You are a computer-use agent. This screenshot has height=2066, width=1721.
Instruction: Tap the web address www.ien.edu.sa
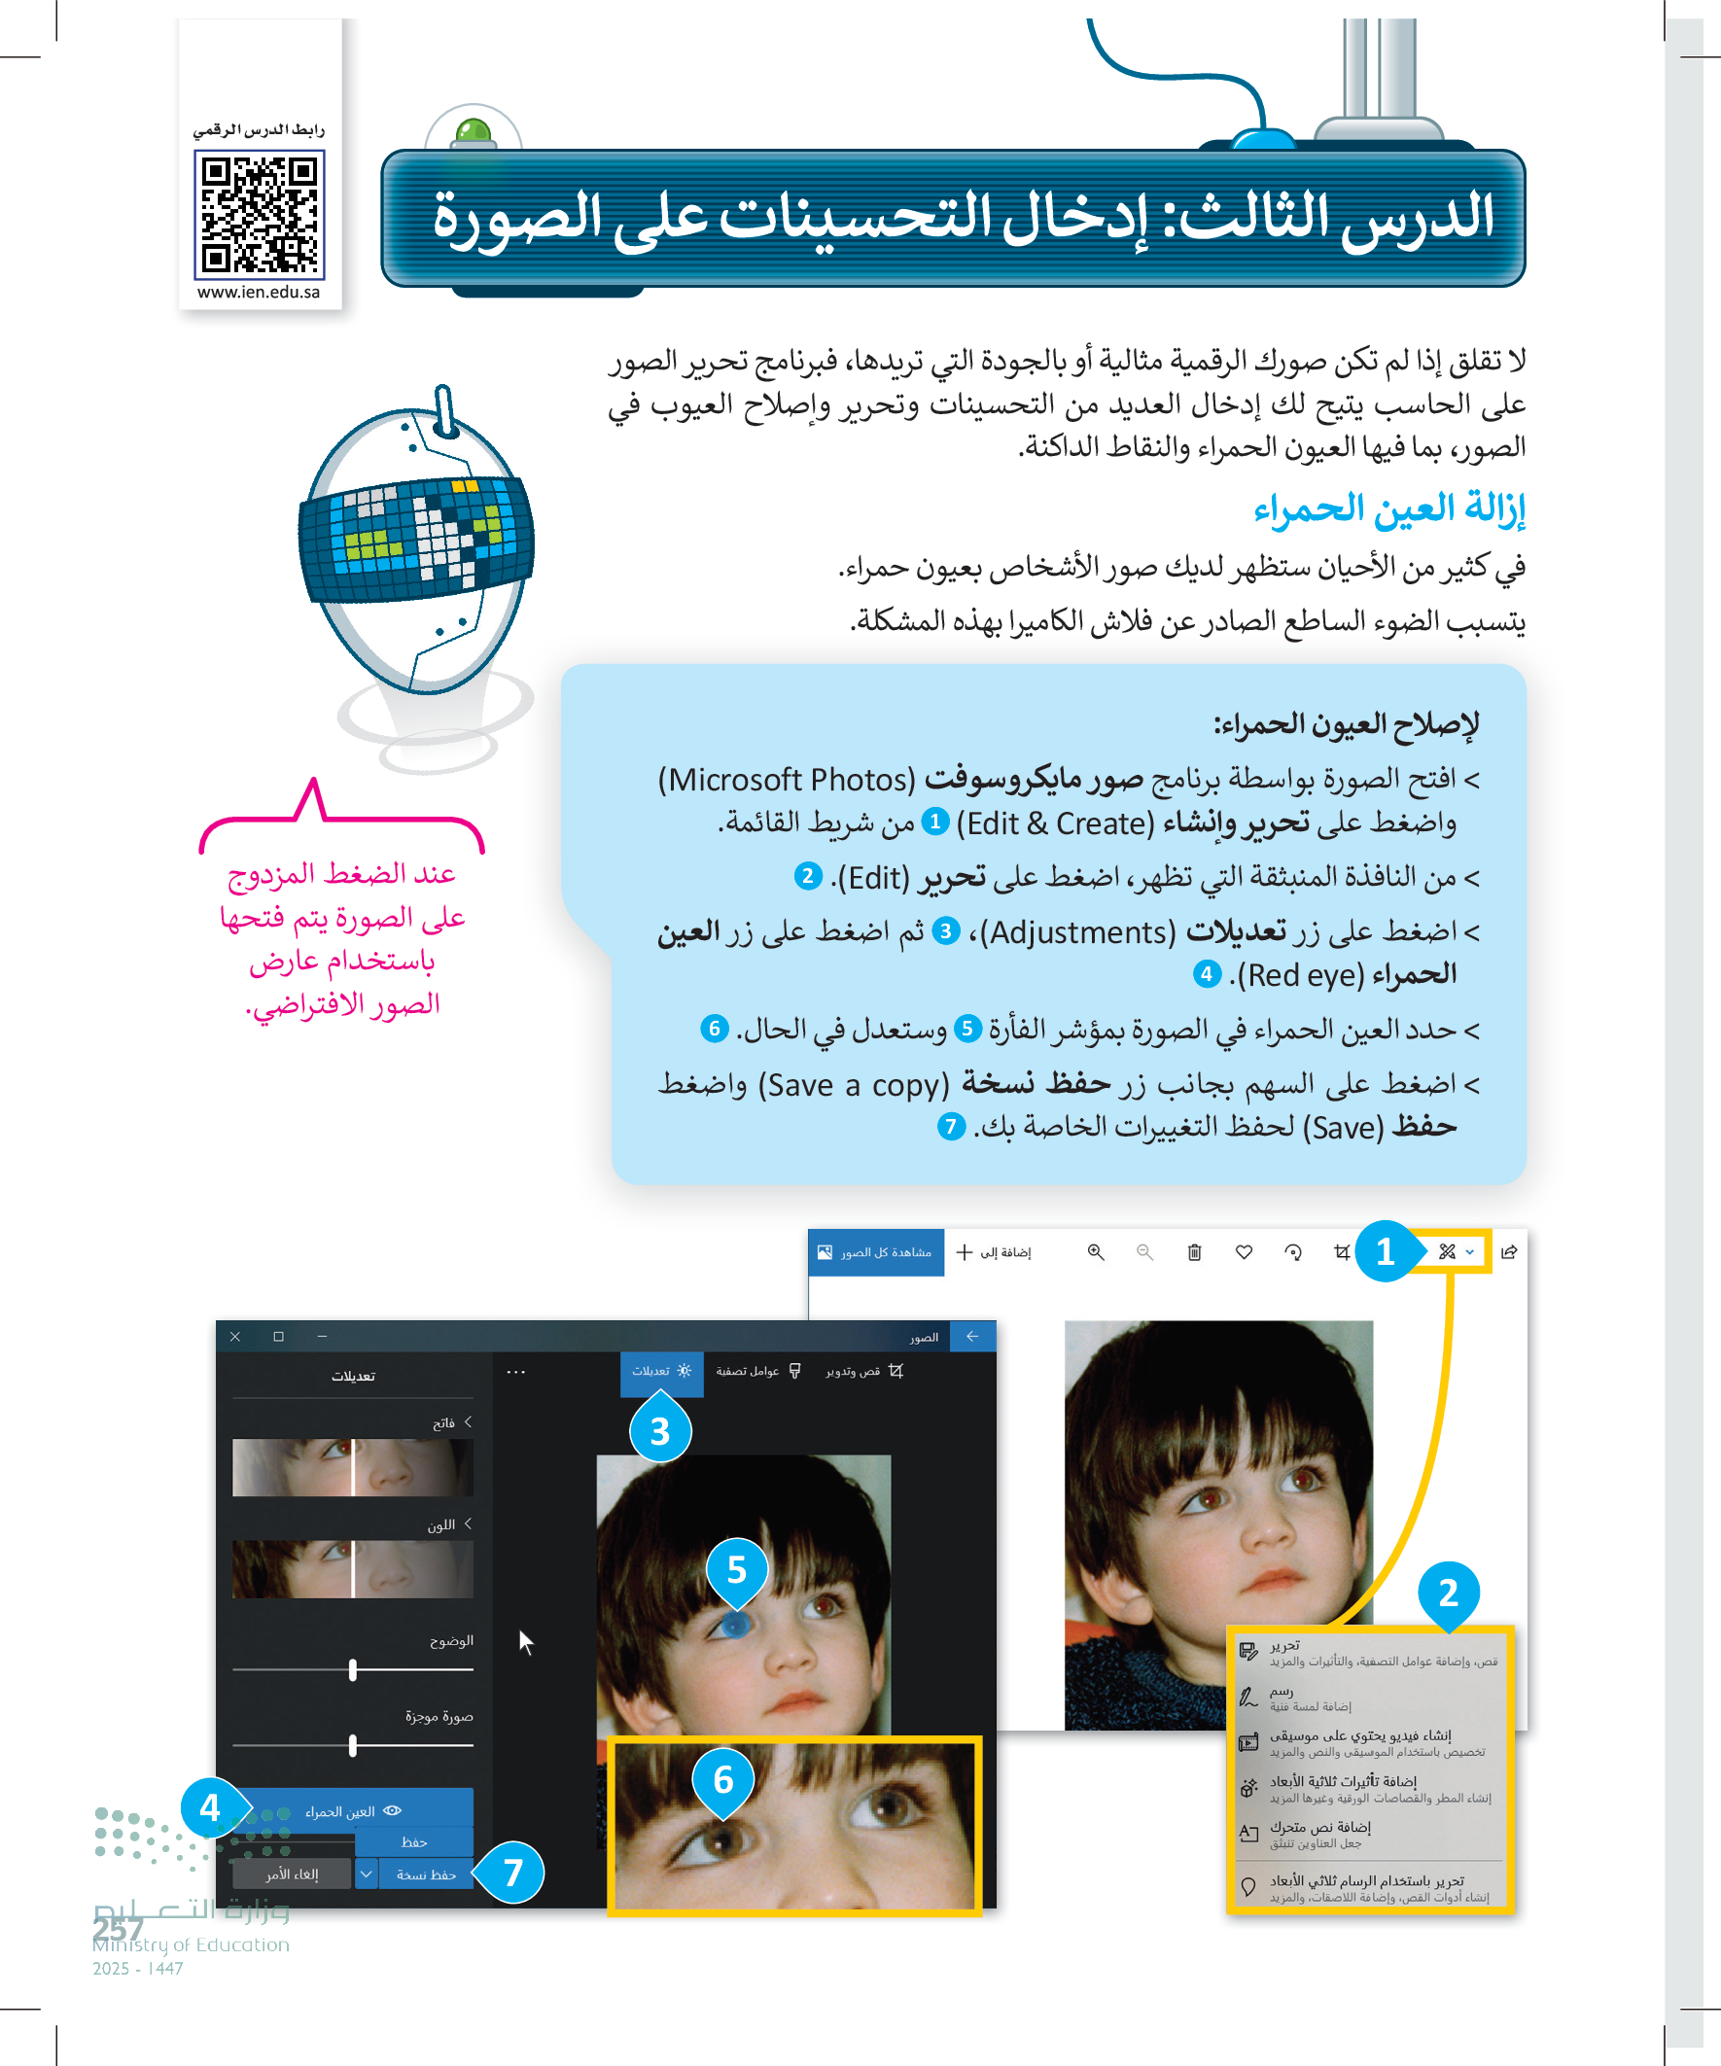[x=259, y=293]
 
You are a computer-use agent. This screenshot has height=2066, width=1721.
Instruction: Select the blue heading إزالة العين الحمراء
[x=1388, y=508]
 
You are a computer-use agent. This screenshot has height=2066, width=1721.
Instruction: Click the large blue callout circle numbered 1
[x=1385, y=1251]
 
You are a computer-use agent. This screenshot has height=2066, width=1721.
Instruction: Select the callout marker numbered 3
[x=659, y=1431]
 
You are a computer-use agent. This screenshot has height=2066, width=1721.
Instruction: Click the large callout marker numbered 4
[x=211, y=1807]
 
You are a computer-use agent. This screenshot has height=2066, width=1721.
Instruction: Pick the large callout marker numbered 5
[x=736, y=1569]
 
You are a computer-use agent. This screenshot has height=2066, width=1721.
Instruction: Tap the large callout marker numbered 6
[x=723, y=1779]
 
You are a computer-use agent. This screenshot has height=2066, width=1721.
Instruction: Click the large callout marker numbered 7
[x=512, y=1873]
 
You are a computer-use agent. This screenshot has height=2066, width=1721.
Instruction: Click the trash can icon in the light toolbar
[x=1194, y=1252]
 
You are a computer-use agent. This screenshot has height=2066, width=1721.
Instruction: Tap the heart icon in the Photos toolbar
[x=1244, y=1252]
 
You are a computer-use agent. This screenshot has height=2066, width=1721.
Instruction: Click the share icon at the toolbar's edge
[x=1508, y=1252]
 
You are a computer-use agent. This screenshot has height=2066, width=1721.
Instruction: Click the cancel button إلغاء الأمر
[x=292, y=1874]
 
